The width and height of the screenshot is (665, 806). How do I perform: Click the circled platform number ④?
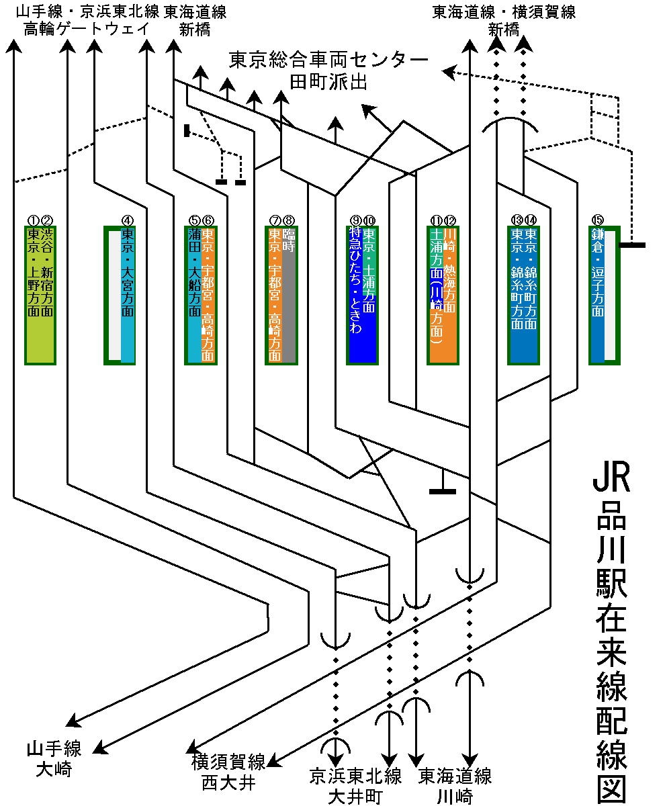click(128, 220)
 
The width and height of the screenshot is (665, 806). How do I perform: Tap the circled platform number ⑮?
click(597, 220)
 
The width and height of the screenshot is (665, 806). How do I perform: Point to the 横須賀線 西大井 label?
click(228, 772)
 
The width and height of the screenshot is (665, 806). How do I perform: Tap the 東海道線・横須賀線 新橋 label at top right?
click(504, 20)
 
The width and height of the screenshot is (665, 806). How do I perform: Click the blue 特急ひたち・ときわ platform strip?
click(355, 296)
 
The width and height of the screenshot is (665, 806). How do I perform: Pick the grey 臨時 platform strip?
click(289, 296)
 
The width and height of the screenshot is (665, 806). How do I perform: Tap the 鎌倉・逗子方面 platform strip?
click(597, 296)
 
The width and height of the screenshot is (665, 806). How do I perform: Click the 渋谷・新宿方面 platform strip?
click(47, 296)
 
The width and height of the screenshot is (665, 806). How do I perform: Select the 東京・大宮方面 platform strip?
click(128, 296)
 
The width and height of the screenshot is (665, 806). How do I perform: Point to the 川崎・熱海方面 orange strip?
click(450, 296)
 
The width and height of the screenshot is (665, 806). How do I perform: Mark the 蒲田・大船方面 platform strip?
click(194, 296)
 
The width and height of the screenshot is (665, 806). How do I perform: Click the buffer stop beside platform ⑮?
click(632, 245)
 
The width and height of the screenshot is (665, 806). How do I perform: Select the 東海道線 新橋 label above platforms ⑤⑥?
click(194, 20)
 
